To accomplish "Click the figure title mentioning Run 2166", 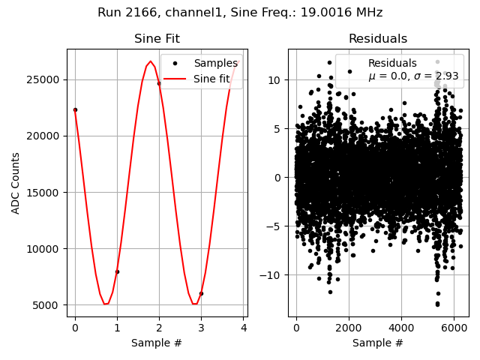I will pyautogui.click(x=240, y=13).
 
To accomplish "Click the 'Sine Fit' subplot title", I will pyautogui.click(x=157, y=39).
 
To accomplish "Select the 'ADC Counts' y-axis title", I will pyautogui.click(x=16, y=183).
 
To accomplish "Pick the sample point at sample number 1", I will pyautogui.click(x=117, y=271).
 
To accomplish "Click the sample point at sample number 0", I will pyautogui.click(x=75, y=109).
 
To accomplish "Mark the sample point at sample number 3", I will pyautogui.click(x=201, y=293).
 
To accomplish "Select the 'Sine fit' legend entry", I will pyautogui.click(x=211, y=79).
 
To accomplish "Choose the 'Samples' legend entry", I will pyautogui.click(x=215, y=64).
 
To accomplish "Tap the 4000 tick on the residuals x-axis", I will pyautogui.click(x=401, y=328).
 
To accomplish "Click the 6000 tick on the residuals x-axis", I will pyautogui.click(x=454, y=328).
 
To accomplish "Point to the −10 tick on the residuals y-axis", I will pyautogui.click(x=271, y=275).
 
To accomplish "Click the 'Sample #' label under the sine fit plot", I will pyautogui.click(x=157, y=343).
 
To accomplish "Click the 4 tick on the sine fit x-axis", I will pyautogui.click(x=243, y=328).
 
